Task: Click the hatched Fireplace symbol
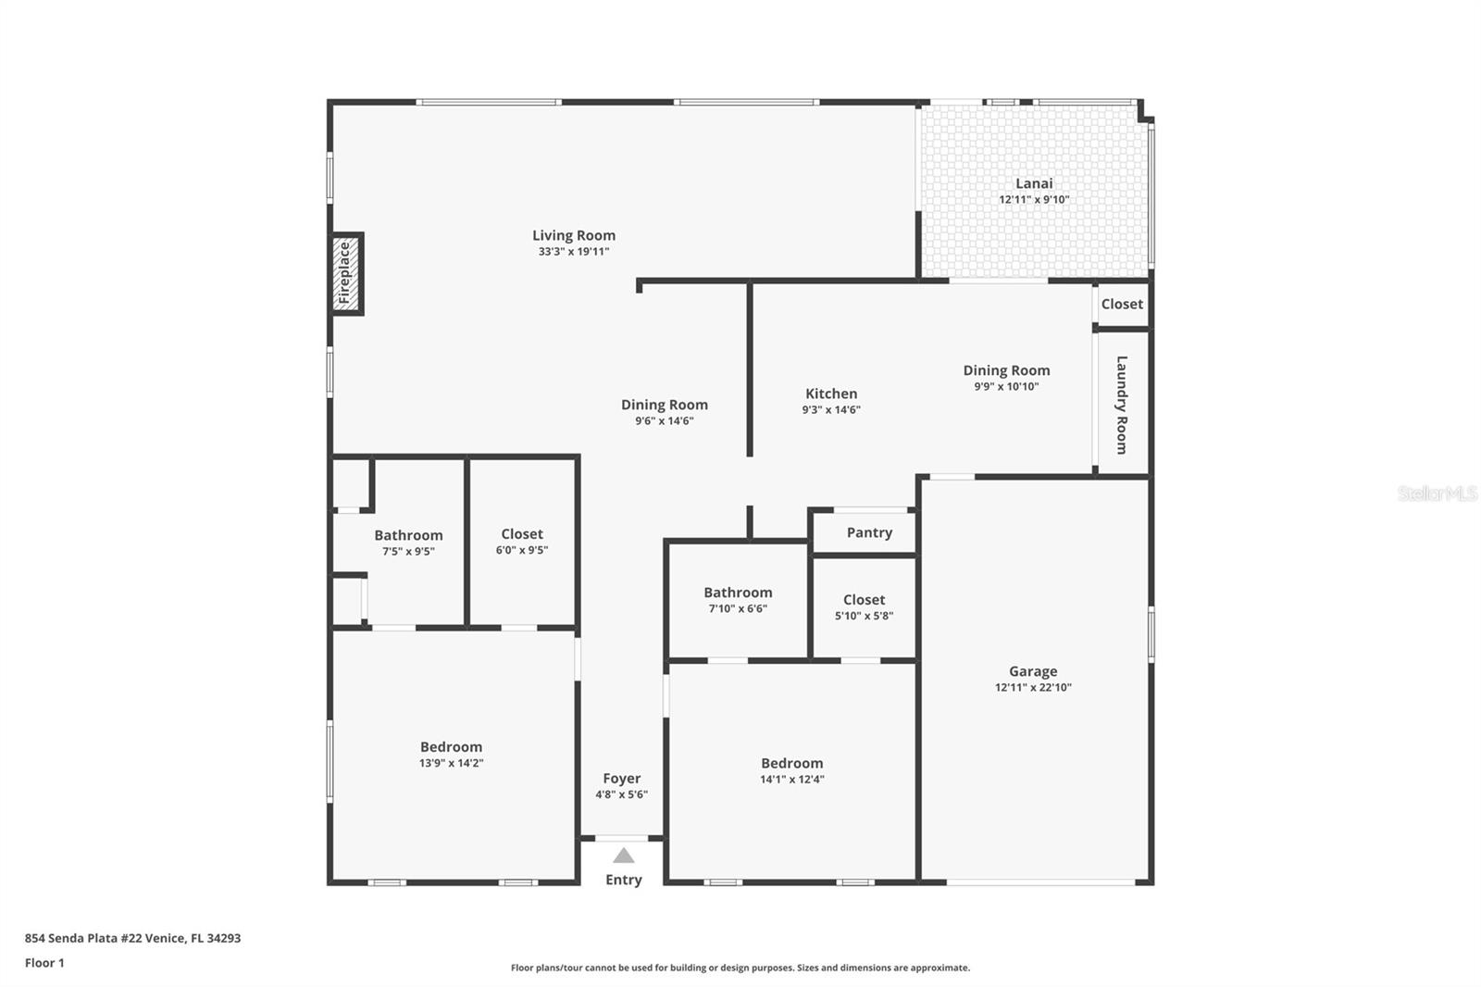click(x=345, y=273)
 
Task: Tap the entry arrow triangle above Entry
click(x=624, y=856)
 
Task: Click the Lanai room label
click(x=1034, y=183)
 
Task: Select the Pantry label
click(x=869, y=532)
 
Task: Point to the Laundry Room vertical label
click(x=1122, y=405)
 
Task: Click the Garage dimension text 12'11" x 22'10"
click(x=1033, y=687)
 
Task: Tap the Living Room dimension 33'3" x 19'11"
click(x=574, y=251)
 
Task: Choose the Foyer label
click(x=622, y=779)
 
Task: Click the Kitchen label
click(x=831, y=394)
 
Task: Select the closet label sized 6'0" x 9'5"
click(x=522, y=534)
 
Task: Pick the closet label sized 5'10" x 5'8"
click(x=864, y=600)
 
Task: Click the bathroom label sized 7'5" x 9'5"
click(x=408, y=535)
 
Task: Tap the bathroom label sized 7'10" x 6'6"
click(x=738, y=593)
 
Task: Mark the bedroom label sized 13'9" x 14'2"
click(x=451, y=747)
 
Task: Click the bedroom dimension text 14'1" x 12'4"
click(x=792, y=780)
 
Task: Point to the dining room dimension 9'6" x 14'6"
click(x=665, y=420)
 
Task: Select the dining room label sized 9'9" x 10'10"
click(x=1006, y=370)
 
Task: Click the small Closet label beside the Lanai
click(x=1122, y=304)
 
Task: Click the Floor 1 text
click(x=44, y=963)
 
